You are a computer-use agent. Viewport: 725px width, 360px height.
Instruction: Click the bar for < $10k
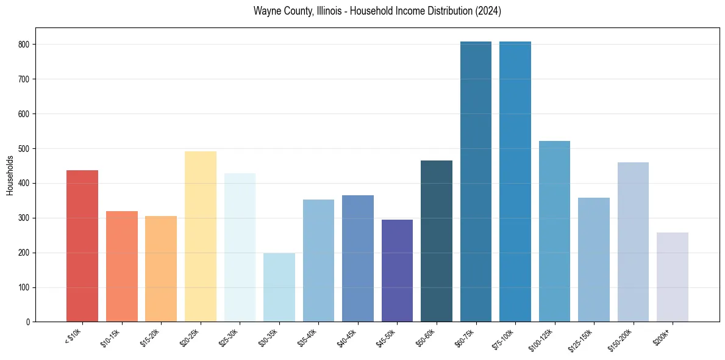[82, 246]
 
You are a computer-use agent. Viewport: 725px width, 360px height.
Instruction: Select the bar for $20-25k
[201, 237]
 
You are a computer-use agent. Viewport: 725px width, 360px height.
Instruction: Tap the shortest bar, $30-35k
[279, 287]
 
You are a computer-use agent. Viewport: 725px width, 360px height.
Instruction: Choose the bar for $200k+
[673, 277]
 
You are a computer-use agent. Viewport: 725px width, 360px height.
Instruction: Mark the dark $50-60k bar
[437, 241]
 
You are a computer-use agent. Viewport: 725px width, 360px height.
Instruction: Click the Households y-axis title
[10, 175]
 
